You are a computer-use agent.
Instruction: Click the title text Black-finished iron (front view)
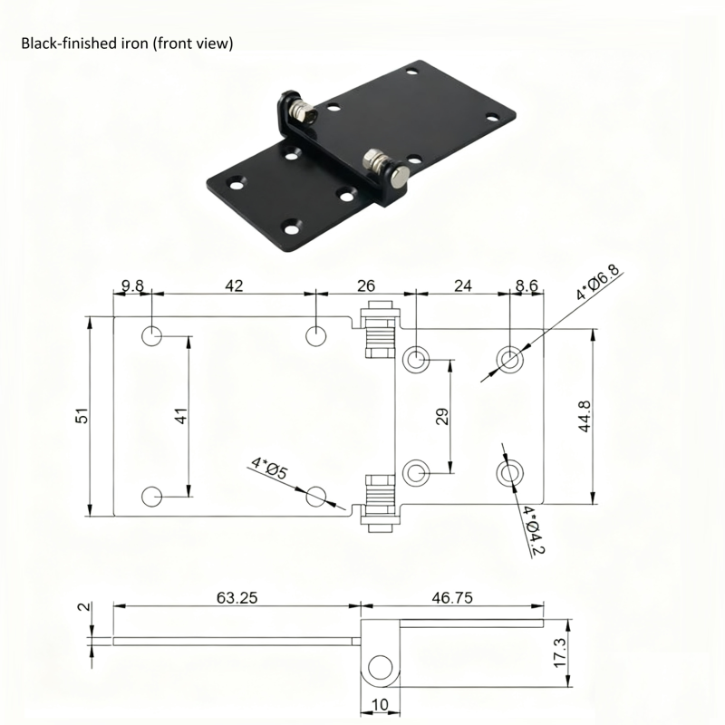127,43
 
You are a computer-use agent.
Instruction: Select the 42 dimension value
233,285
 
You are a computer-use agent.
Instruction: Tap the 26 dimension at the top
365,285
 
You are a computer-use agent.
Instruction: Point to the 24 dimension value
462,285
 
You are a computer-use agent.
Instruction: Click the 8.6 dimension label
526,285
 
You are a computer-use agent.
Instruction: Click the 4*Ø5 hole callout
269,469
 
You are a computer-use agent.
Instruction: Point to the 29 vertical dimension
442,416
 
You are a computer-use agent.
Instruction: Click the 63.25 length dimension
237,598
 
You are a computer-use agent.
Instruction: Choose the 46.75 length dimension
452,598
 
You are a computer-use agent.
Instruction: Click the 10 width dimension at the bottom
379,705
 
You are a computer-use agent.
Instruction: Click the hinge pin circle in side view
379,671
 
